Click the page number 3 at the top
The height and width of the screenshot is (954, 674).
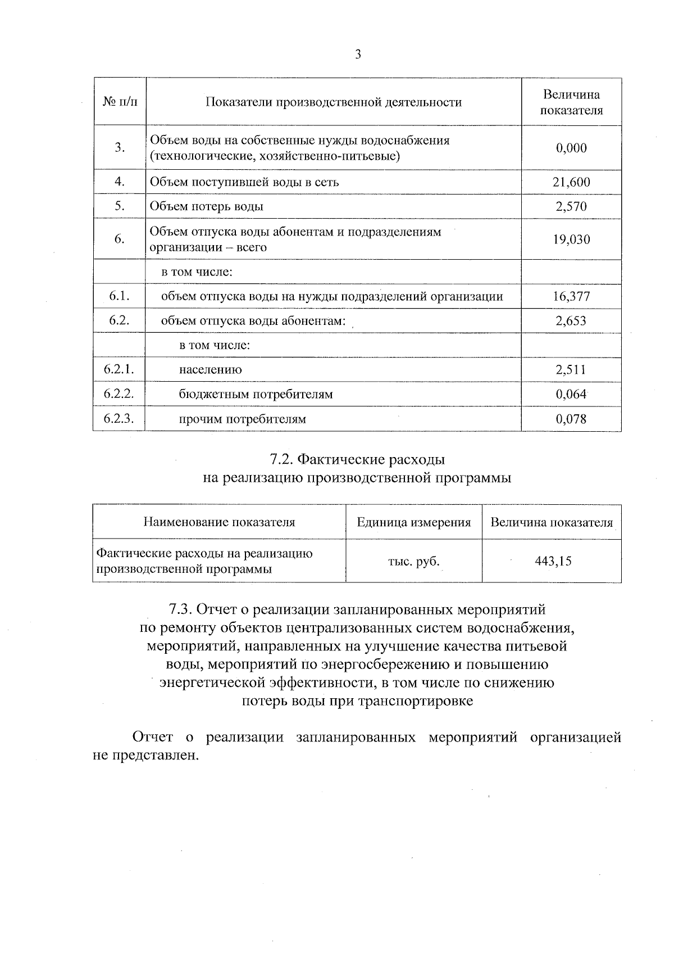[x=358, y=55]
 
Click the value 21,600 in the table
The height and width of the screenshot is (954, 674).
[x=571, y=182]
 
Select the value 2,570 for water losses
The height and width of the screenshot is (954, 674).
[x=571, y=206]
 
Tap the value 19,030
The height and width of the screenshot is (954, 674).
[x=571, y=239]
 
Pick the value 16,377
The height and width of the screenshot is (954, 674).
[x=571, y=297]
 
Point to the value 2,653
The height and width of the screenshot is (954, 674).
[x=571, y=321]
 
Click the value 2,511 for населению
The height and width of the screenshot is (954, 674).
[x=571, y=369]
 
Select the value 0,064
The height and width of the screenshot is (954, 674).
[x=571, y=394]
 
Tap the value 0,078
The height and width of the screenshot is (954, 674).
[x=571, y=419]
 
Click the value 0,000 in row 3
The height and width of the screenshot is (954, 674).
[x=571, y=148]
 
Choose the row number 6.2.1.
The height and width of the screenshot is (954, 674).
[x=119, y=369]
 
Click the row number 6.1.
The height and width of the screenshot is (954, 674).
[x=119, y=296]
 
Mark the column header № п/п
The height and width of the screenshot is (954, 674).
[x=120, y=102]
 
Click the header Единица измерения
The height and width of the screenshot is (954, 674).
[x=414, y=522]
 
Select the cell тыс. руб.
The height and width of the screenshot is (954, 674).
[x=414, y=561]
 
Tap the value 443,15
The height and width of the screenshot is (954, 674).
[x=553, y=561]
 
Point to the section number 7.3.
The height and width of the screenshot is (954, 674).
[x=181, y=609]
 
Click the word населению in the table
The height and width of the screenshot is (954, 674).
[x=211, y=370]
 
